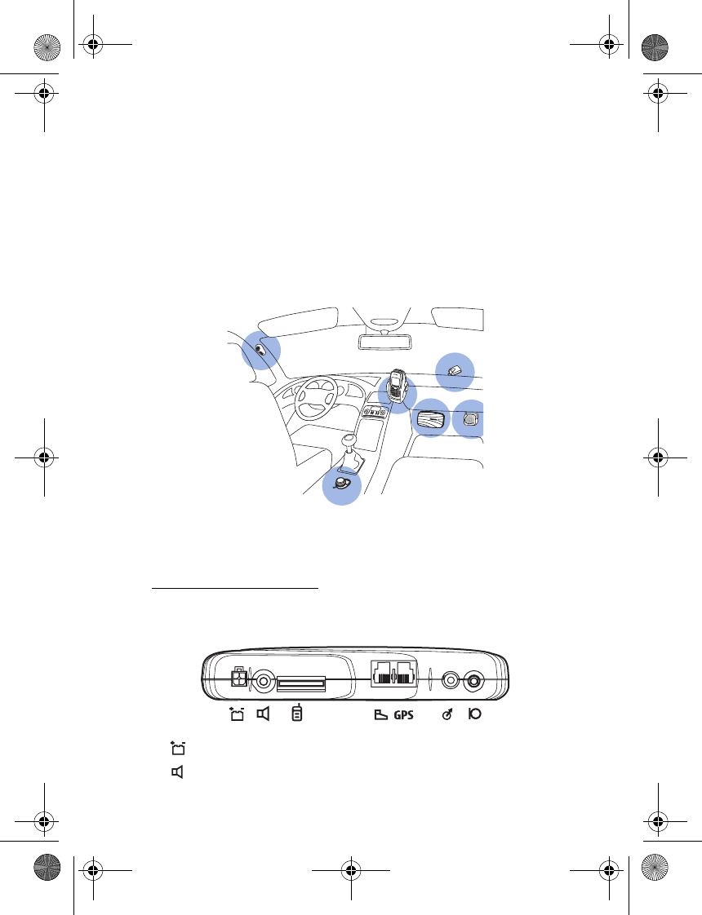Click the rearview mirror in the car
coord(383,342)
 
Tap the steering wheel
coord(316,397)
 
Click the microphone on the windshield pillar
coord(260,350)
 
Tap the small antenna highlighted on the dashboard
coord(455,370)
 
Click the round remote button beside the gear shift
coord(341,483)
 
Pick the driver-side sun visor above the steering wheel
coord(299,324)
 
